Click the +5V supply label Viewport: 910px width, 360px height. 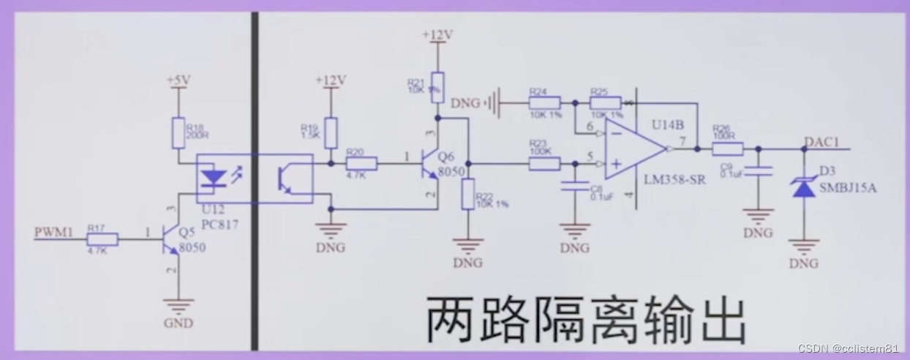(178, 80)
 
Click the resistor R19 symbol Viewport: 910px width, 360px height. (331, 133)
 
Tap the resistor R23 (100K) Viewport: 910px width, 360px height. (544, 164)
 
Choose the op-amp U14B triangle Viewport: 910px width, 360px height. (632, 149)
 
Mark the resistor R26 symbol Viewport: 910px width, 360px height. (727, 149)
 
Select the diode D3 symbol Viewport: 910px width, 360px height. (805, 187)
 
